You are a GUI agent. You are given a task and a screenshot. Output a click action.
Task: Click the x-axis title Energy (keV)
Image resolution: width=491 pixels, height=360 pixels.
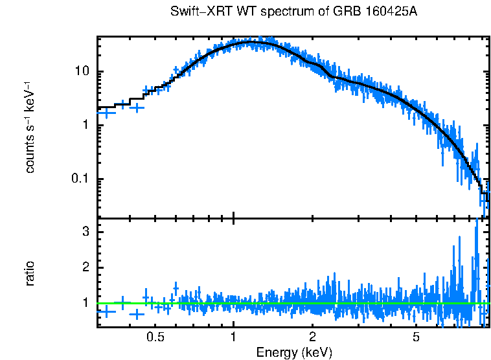(x=294, y=353)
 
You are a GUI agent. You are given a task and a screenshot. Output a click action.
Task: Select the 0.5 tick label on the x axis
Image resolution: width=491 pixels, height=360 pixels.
(x=155, y=337)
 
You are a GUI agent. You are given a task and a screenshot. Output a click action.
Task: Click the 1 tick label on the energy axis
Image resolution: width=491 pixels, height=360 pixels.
(x=233, y=337)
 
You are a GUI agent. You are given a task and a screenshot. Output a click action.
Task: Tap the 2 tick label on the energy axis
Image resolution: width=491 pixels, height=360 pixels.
(x=312, y=337)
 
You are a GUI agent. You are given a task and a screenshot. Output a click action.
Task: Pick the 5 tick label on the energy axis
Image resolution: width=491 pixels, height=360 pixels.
(x=416, y=337)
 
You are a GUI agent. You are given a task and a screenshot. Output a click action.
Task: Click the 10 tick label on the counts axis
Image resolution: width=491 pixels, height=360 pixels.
(x=80, y=71)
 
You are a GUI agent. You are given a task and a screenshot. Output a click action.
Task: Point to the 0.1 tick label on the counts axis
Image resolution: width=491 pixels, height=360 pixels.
(x=78, y=179)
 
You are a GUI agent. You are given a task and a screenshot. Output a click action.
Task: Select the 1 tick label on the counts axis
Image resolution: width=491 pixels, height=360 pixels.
(x=84, y=125)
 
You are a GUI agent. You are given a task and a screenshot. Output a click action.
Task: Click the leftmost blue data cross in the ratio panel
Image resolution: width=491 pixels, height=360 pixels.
(x=106, y=311)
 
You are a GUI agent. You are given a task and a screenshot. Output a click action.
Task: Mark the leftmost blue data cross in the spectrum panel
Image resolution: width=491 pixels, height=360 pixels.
(x=106, y=113)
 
